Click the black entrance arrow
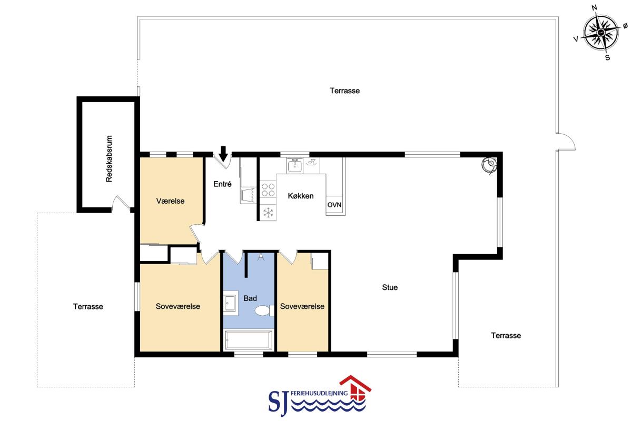point(223,154)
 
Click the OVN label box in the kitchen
point(334,205)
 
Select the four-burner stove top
point(268,189)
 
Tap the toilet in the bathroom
point(264,310)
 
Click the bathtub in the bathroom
point(249,340)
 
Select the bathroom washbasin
point(231,303)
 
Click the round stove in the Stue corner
point(489,165)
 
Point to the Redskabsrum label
point(109,158)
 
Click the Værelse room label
point(171,201)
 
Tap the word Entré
point(222,184)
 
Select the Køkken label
point(301,196)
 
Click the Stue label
point(390,287)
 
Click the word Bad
point(250,298)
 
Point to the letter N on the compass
point(594,7)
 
